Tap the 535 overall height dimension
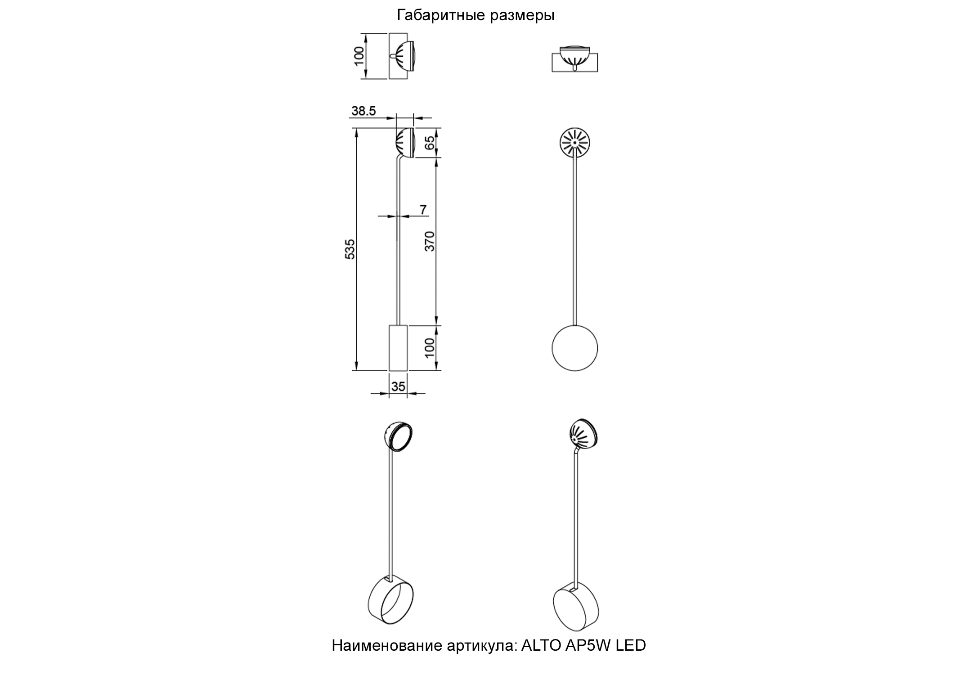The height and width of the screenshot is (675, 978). [x=350, y=249]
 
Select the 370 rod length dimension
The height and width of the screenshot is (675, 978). [x=430, y=241]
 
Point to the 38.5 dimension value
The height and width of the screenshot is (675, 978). [x=363, y=111]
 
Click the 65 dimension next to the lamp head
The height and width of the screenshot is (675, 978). [x=430, y=143]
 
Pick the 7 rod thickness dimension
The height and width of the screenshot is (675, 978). [x=423, y=209]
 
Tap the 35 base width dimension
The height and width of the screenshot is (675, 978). [x=398, y=386]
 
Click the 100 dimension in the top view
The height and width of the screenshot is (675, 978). [x=359, y=56]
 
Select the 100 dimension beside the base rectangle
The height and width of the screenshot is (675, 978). [x=430, y=347]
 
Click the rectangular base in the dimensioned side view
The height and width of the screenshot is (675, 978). [x=398, y=348]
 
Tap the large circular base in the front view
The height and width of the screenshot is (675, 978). [x=575, y=348]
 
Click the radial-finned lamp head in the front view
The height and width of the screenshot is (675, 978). [x=574, y=143]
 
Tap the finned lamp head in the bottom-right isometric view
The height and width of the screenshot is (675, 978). [x=583, y=435]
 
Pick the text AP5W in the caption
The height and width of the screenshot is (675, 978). [x=588, y=646]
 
